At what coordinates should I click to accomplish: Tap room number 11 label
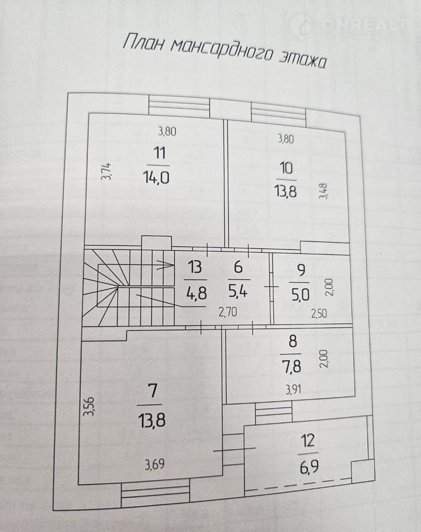point(159,154)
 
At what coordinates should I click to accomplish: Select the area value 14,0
point(156,177)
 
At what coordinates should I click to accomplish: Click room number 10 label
point(287,168)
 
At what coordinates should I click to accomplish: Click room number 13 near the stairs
point(195,268)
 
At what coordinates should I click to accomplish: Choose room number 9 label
point(301,271)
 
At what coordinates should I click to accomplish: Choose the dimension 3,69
point(155,465)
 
